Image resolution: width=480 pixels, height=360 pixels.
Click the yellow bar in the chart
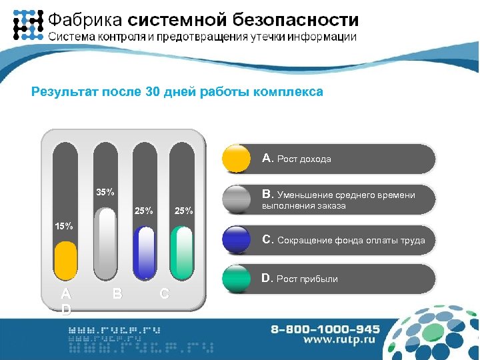pos(65,260)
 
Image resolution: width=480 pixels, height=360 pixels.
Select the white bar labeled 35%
pos(105,241)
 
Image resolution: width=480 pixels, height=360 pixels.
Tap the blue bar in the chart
pos(144,251)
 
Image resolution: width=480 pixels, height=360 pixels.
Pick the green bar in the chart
pos(182,251)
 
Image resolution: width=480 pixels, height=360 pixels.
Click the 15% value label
pos(64,225)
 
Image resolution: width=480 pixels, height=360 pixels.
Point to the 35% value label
pos(105,193)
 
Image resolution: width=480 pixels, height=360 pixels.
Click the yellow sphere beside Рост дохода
pos(236,159)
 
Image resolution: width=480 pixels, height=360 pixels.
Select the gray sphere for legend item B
pos(236,199)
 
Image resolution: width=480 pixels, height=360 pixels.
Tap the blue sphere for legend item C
pos(236,239)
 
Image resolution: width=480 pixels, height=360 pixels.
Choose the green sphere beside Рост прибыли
pos(236,279)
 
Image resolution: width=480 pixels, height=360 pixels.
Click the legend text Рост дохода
pos(304,159)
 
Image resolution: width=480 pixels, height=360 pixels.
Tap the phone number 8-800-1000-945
pos(325,329)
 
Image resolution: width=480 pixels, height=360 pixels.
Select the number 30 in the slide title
pos(151,92)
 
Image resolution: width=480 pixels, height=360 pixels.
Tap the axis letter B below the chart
pos(117,293)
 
